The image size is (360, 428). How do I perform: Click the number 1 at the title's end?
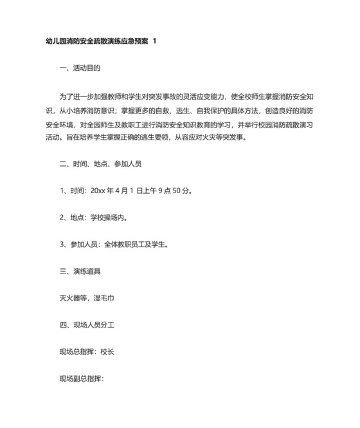[x=154, y=41]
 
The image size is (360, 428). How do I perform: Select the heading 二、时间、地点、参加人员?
[x=100, y=164]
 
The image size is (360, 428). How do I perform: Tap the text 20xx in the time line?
[x=98, y=191]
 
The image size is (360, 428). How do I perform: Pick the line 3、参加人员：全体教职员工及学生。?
[x=116, y=245]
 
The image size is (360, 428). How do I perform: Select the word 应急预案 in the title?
[x=133, y=41]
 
